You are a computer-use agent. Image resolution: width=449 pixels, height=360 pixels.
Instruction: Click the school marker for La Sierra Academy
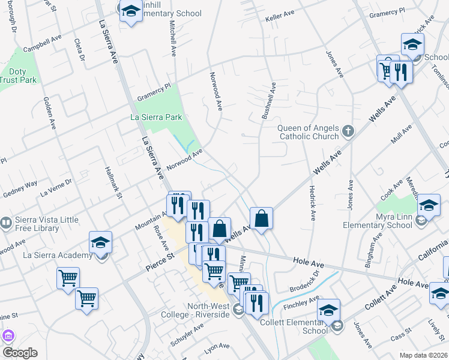point(101,243)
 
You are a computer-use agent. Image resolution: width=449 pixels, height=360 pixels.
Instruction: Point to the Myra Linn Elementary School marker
point(429,205)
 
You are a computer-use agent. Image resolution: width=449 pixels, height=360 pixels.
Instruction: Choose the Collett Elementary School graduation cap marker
point(328,310)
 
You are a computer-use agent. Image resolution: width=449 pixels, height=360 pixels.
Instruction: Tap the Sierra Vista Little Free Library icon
point(5,223)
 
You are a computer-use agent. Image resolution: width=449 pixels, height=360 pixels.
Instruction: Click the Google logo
point(20,353)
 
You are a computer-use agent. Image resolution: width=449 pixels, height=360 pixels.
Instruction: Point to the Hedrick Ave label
point(312,202)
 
